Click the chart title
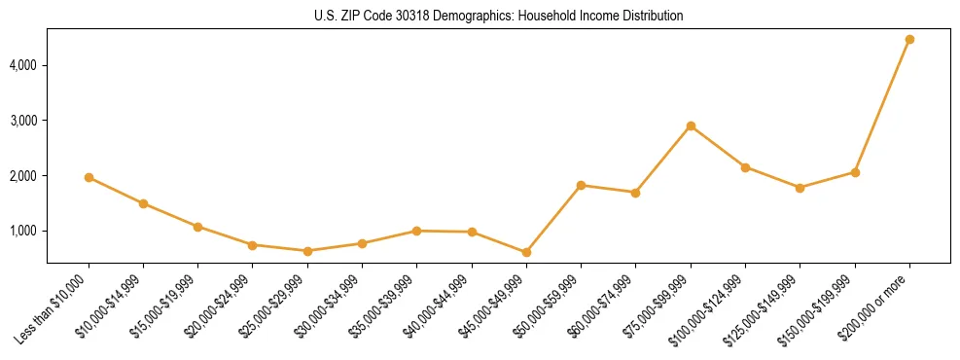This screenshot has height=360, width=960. point(498,17)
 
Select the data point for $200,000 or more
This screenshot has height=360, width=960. point(909,40)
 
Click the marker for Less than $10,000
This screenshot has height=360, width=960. point(89,178)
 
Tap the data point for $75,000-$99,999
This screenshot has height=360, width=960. point(691,126)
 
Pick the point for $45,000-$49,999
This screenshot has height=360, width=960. point(526,252)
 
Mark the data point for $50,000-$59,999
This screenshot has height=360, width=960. point(581,185)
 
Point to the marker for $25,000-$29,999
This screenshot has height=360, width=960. point(307,251)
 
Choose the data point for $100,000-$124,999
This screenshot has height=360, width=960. point(745,167)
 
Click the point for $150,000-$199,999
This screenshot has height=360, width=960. point(855,172)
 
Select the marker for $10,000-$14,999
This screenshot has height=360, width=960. point(143,203)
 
